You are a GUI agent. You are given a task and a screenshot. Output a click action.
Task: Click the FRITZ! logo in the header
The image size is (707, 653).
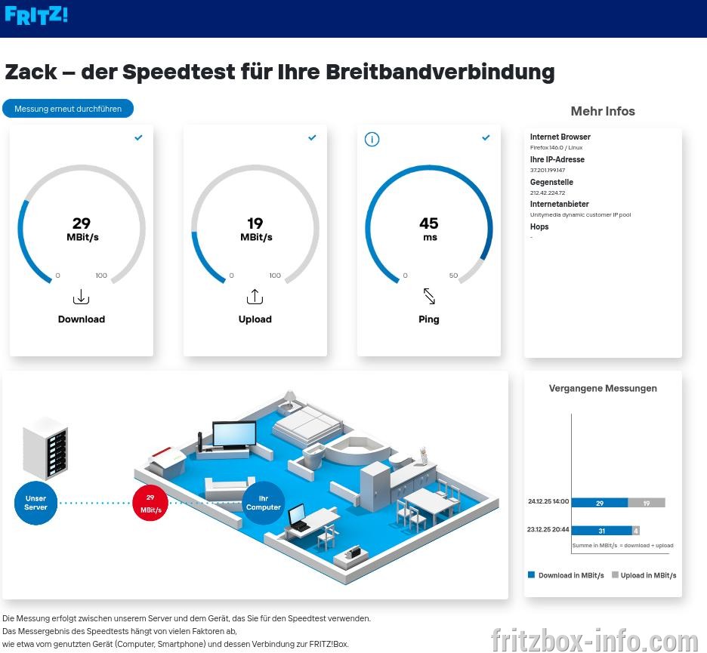[x=36, y=15]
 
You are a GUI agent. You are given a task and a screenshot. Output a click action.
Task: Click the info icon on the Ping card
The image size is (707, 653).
[x=372, y=139]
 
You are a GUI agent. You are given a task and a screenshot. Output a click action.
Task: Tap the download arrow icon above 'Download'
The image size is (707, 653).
[x=81, y=297]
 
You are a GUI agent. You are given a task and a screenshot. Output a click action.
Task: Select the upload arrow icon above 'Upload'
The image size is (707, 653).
[x=255, y=297]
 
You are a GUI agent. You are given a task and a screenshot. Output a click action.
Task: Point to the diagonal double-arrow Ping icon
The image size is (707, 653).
[x=429, y=296]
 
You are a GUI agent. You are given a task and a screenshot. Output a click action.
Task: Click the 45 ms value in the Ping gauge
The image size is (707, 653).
[x=429, y=229]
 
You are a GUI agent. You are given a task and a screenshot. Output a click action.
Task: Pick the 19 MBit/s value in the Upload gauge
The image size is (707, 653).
[x=255, y=229]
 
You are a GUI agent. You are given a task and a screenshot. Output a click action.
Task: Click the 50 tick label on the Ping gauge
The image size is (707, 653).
[x=454, y=276]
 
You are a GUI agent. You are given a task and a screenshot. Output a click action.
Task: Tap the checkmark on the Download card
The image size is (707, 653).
[x=138, y=137]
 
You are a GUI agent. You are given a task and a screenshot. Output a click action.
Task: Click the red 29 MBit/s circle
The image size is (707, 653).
[x=150, y=504]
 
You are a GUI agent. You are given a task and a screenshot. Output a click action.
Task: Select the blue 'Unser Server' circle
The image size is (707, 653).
[x=36, y=503]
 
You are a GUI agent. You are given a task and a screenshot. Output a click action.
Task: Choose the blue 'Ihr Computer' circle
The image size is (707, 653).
[x=264, y=503]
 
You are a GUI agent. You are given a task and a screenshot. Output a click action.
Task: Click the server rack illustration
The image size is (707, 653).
[x=45, y=448]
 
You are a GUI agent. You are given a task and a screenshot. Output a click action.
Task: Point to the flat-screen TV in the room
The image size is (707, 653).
[x=234, y=434]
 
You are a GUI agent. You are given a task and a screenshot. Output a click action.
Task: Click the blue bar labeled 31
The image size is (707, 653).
[x=602, y=531]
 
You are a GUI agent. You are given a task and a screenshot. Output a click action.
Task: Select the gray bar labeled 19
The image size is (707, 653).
[x=647, y=503]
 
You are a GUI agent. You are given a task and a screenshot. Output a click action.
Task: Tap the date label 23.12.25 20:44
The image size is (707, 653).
[x=548, y=529]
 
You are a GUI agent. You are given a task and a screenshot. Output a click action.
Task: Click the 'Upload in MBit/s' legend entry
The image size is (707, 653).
[x=644, y=575]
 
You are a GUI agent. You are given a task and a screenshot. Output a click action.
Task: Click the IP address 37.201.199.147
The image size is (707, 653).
[x=548, y=171]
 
